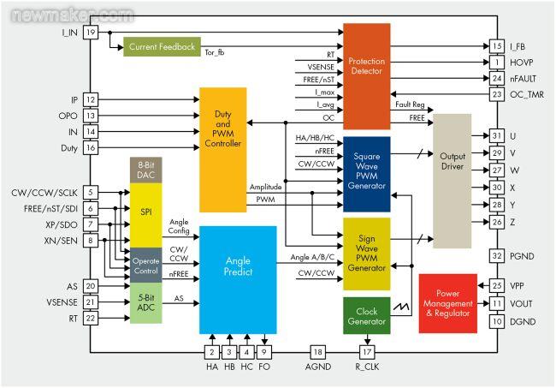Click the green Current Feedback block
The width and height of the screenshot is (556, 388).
tap(162, 46)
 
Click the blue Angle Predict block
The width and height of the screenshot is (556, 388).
tap(238, 279)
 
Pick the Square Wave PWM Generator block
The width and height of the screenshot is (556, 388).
tap(366, 172)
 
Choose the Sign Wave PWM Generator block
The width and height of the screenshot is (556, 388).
tap(366, 254)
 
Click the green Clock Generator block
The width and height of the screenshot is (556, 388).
tap(366, 316)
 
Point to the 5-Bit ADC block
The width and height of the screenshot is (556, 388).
tap(145, 306)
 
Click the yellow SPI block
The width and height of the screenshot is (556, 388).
tap(145, 213)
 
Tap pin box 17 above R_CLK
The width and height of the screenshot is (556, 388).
tap(366, 352)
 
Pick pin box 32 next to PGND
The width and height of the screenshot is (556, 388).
tap(496, 255)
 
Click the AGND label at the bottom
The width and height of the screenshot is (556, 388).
tap(318, 369)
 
